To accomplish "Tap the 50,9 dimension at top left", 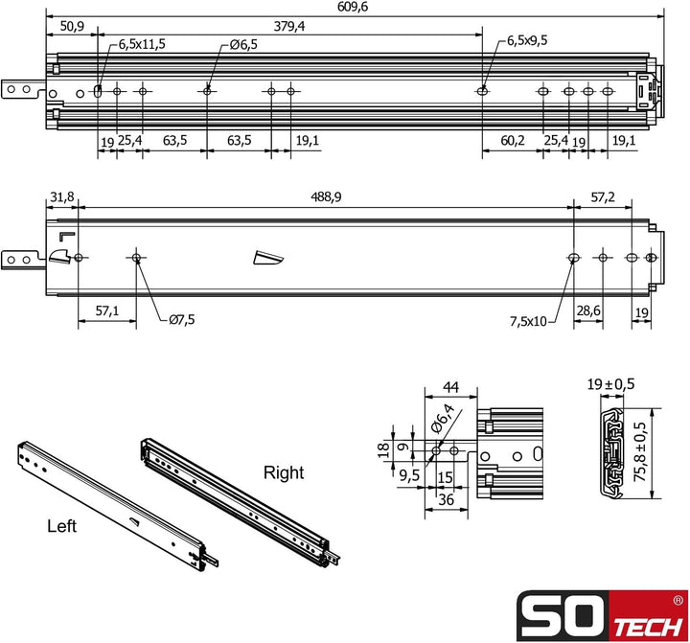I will click(71, 27).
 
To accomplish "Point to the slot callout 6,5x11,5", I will click(142, 44).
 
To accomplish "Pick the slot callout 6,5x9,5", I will click(527, 41).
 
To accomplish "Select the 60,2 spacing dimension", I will click(513, 140).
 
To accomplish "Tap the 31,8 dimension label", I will click(60, 197).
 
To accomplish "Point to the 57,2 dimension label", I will click(603, 197).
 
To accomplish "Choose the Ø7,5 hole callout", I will click(181, 320).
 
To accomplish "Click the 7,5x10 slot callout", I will click(527, 321).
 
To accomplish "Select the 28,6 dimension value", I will click(587, 311).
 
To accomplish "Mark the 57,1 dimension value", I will click(106, 311).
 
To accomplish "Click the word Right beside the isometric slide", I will click(284, 472).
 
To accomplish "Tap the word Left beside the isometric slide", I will click(62, 526).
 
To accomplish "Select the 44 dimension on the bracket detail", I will click(448, 387).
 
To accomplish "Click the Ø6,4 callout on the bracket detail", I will click(445, 421).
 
